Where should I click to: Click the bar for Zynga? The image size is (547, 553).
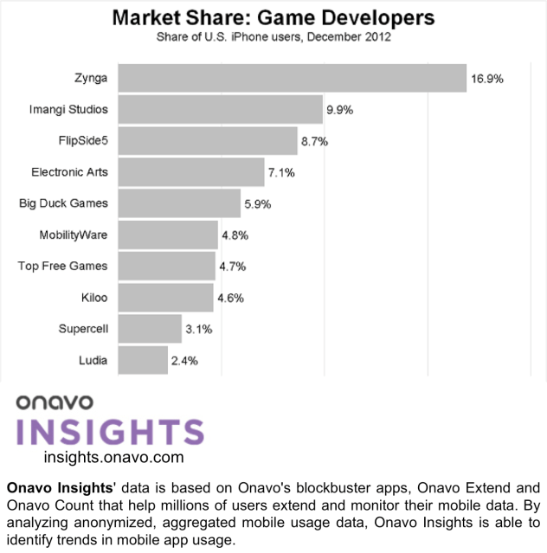click(292, 78)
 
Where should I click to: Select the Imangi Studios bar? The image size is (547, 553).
click(220, 110)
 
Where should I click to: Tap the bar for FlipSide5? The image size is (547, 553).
click(208, 141)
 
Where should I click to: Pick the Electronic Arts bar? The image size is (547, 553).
click(190, 172)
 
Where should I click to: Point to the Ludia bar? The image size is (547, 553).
click(142, 360)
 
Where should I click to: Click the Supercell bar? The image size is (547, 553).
click(149, 329)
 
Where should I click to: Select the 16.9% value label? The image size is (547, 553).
click(487, 79)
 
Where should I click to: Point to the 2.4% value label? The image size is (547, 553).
click(185, 360)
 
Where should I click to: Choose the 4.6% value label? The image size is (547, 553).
click(230, 298)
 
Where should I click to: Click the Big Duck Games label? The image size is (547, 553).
click(63, 203)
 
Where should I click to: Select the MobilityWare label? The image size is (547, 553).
click(74, 235)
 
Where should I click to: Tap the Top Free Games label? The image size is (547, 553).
click(62, 266)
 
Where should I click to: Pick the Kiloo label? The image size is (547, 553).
click(93, 298)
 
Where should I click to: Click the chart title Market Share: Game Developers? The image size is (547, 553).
click(273, 17)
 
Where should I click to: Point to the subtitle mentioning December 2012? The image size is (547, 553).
click(273, 37)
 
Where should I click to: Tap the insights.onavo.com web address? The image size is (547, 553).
click(113, 457)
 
